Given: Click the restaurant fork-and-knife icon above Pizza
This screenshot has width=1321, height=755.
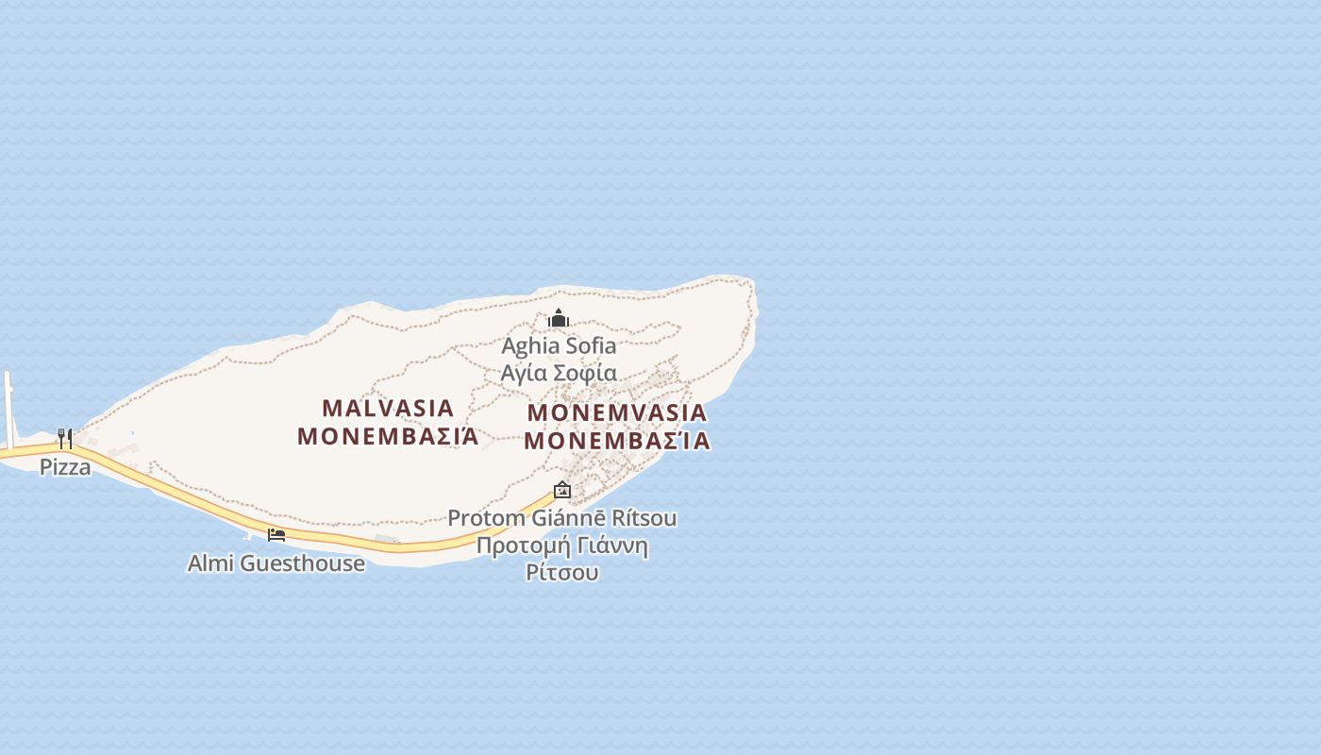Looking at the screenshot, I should pyautogui.click(x=65, y=438).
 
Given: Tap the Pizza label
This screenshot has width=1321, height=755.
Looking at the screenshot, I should pyautogui.click(x=65, y=466).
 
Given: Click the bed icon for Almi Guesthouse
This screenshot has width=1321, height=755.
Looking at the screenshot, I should pyautogui.click(x=276, y=535).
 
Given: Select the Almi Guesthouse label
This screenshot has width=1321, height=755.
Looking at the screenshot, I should pyautogui.click(x=276, y=563).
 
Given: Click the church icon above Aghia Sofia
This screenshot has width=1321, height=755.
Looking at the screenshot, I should pyautogui.click(x=559, y=318).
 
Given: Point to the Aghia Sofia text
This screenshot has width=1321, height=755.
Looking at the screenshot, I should pyautogui.click(x=559, y=346).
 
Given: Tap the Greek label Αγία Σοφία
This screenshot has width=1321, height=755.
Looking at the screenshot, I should pyautogui.click(x=559, y=373).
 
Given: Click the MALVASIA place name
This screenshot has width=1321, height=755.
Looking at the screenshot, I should pyautogui.click(x=388, y=409).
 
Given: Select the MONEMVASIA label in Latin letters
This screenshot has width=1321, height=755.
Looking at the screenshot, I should pyautogui.click(x=617, y=413).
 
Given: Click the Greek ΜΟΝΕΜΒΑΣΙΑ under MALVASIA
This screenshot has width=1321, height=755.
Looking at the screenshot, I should pyautogui.click(x=388, y=436).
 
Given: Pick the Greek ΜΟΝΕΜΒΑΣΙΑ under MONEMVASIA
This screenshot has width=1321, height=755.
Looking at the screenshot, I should pyautogui.click(x=617, y=441).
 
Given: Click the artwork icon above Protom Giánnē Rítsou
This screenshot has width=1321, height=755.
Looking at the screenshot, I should pyautogui.click(x=562, y=489).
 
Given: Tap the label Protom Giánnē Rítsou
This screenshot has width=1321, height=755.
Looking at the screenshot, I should pyautogui.click(x=562, y=518).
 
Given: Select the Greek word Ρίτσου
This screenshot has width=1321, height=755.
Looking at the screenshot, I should pyautogui.click(x=562, y=572).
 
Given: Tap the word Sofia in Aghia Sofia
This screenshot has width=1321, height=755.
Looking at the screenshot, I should pyautogui.click(x=591, y=346).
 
